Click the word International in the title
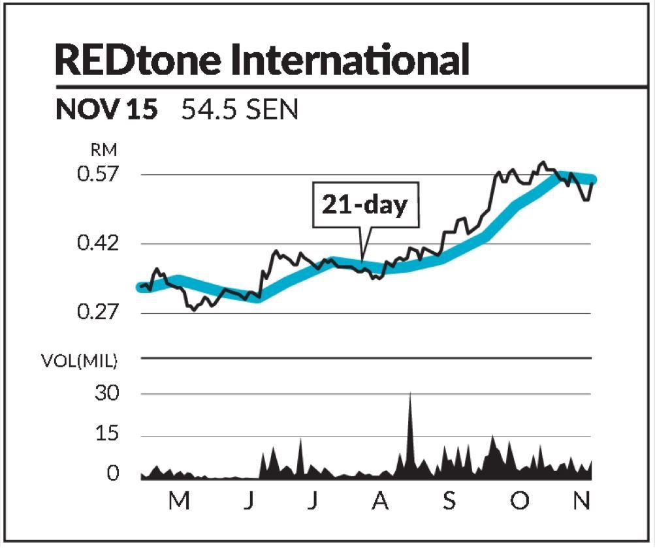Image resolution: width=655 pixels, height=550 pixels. point(351,59)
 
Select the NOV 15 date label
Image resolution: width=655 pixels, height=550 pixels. point(106,110)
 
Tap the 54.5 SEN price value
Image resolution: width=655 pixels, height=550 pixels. point(240,110)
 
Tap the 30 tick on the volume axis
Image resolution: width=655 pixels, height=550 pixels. point(108,394)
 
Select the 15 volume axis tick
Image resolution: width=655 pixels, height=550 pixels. point(108,435)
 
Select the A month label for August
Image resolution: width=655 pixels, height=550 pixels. point(380,501)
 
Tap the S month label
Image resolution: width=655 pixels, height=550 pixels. point(449,501)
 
